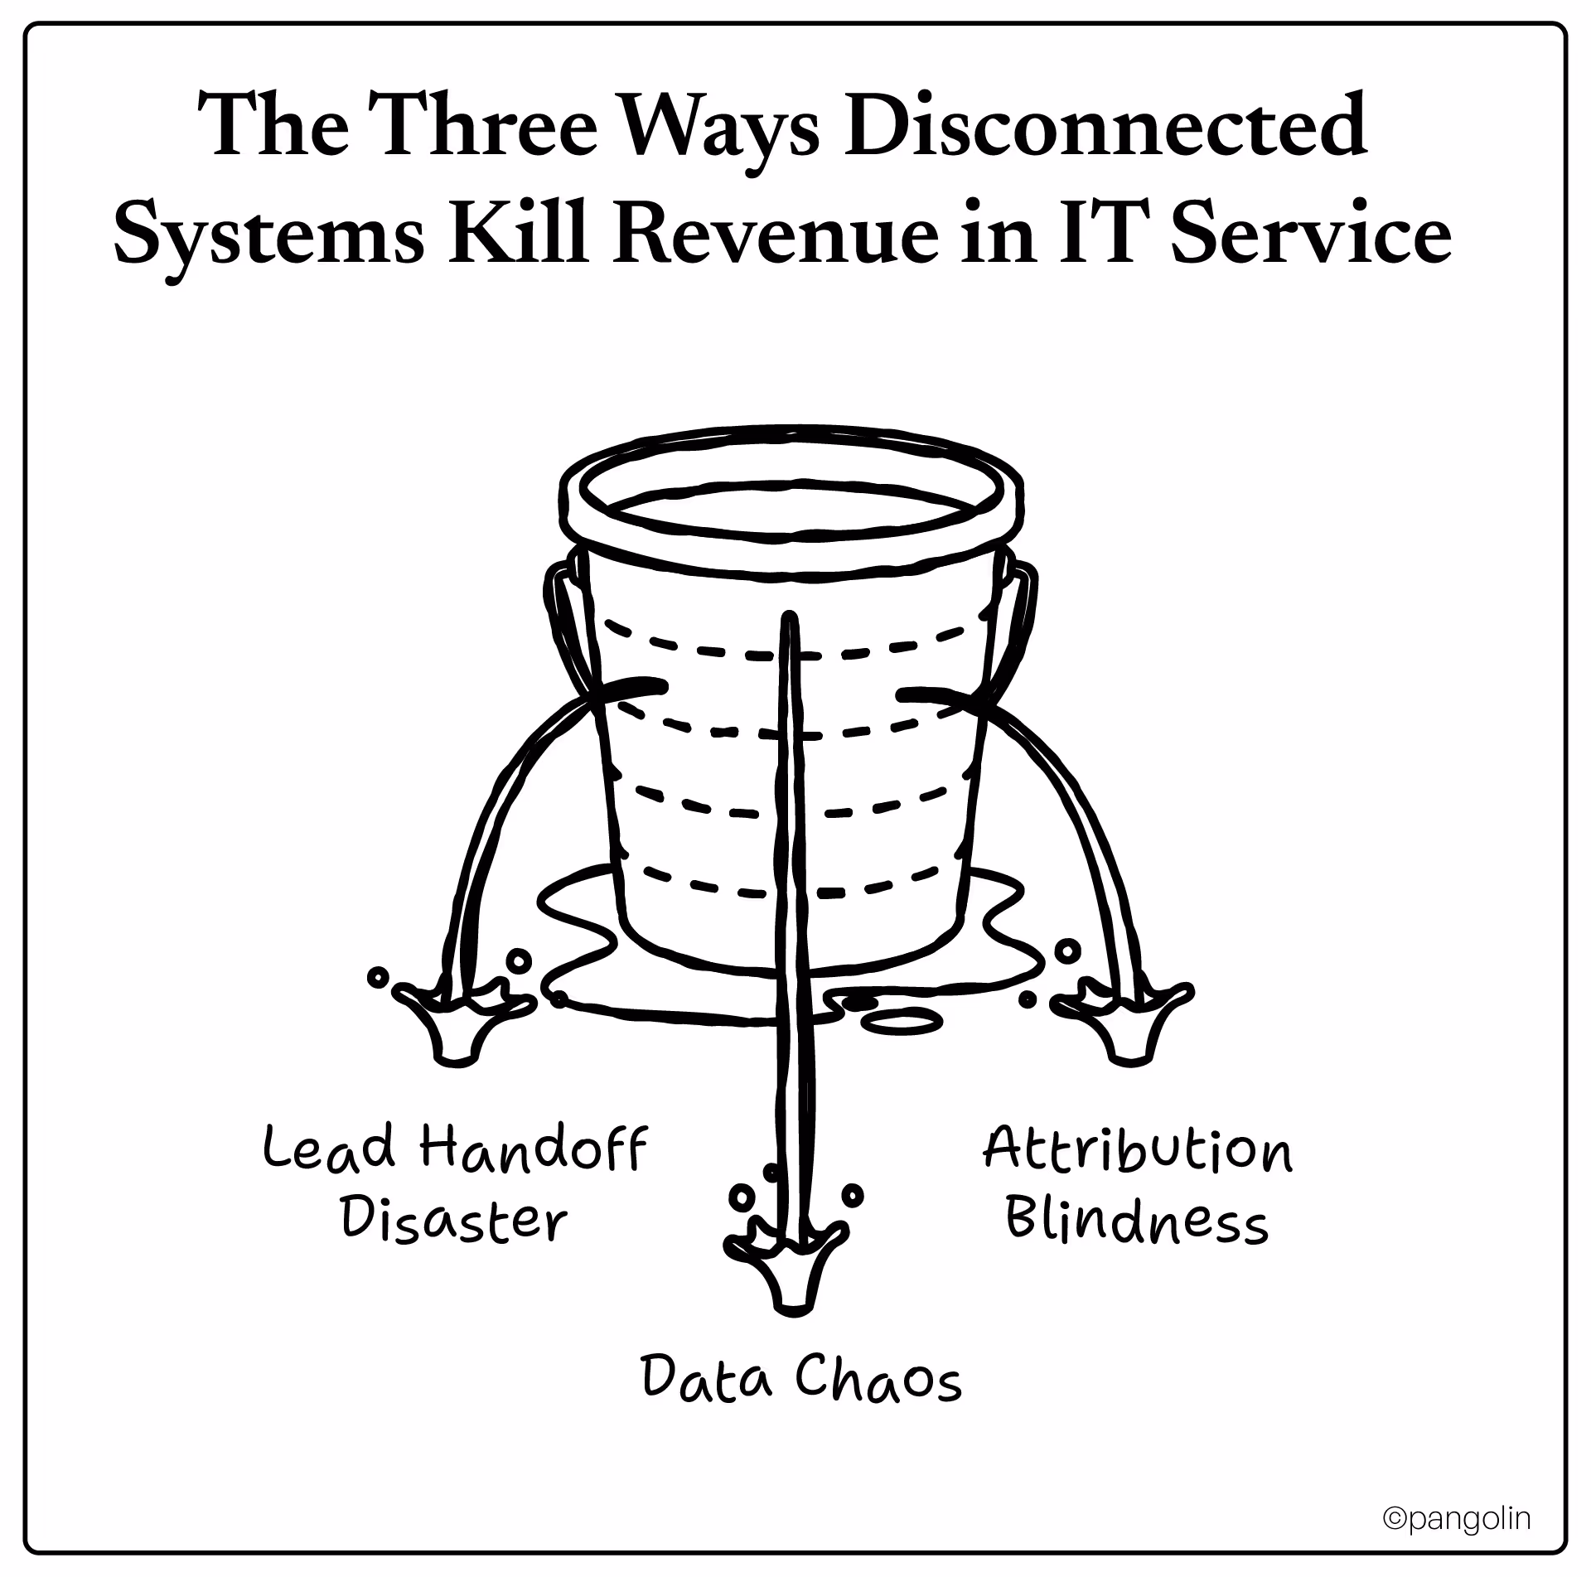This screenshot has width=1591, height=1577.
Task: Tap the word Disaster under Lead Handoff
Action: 454,1221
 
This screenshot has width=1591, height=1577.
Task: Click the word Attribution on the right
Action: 1137,1149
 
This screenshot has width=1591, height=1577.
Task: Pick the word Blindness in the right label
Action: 1136,1221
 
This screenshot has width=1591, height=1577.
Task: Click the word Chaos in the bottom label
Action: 878,1379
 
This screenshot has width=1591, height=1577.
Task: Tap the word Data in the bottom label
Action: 707,1379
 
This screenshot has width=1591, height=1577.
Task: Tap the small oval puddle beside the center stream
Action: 902,1021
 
